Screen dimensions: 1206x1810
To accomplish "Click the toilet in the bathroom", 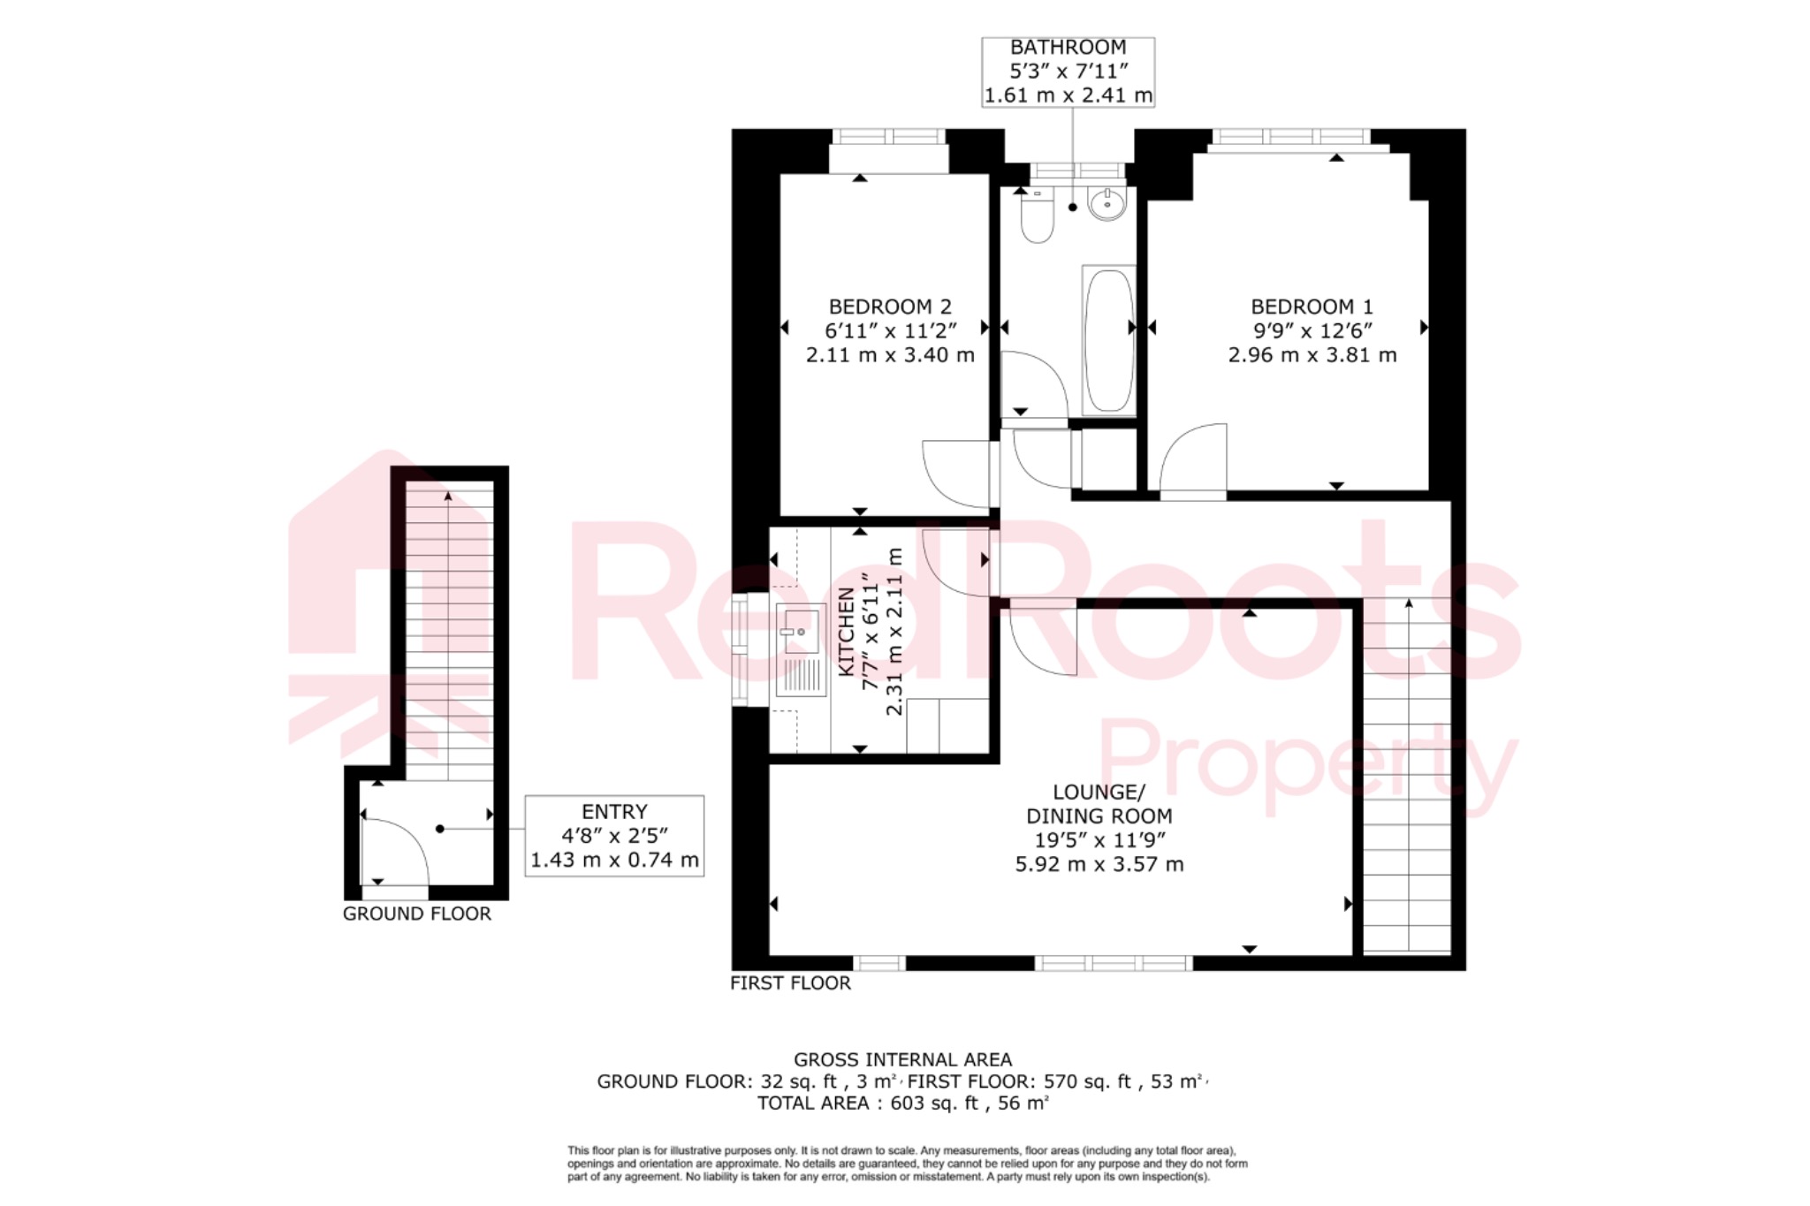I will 1037,216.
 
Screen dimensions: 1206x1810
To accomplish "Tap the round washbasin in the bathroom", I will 1107,204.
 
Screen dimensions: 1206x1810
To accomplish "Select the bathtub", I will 1108,341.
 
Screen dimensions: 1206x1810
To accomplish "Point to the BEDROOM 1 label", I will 1312,307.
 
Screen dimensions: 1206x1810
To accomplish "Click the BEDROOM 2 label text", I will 890,307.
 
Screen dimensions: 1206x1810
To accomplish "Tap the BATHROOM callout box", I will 1068,72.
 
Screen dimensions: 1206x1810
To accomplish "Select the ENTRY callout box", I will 614,836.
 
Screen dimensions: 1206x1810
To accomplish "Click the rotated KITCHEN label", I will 846,632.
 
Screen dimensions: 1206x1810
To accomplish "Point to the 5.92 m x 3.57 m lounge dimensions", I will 1099,864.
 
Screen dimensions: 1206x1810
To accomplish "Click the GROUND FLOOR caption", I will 416,914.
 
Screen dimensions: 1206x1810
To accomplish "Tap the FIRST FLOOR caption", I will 790,982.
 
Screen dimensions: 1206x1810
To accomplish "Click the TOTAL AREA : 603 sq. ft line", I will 902,1103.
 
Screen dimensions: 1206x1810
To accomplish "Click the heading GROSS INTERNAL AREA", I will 902,1059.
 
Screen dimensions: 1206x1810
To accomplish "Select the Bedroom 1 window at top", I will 1290,137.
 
